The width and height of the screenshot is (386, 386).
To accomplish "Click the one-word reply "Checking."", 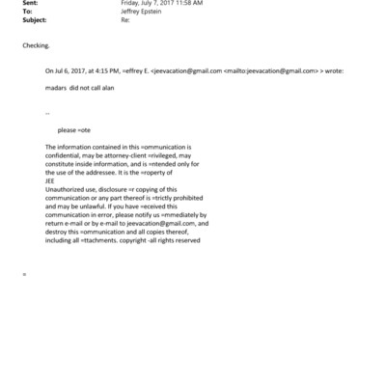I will click(x=37, y=45).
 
